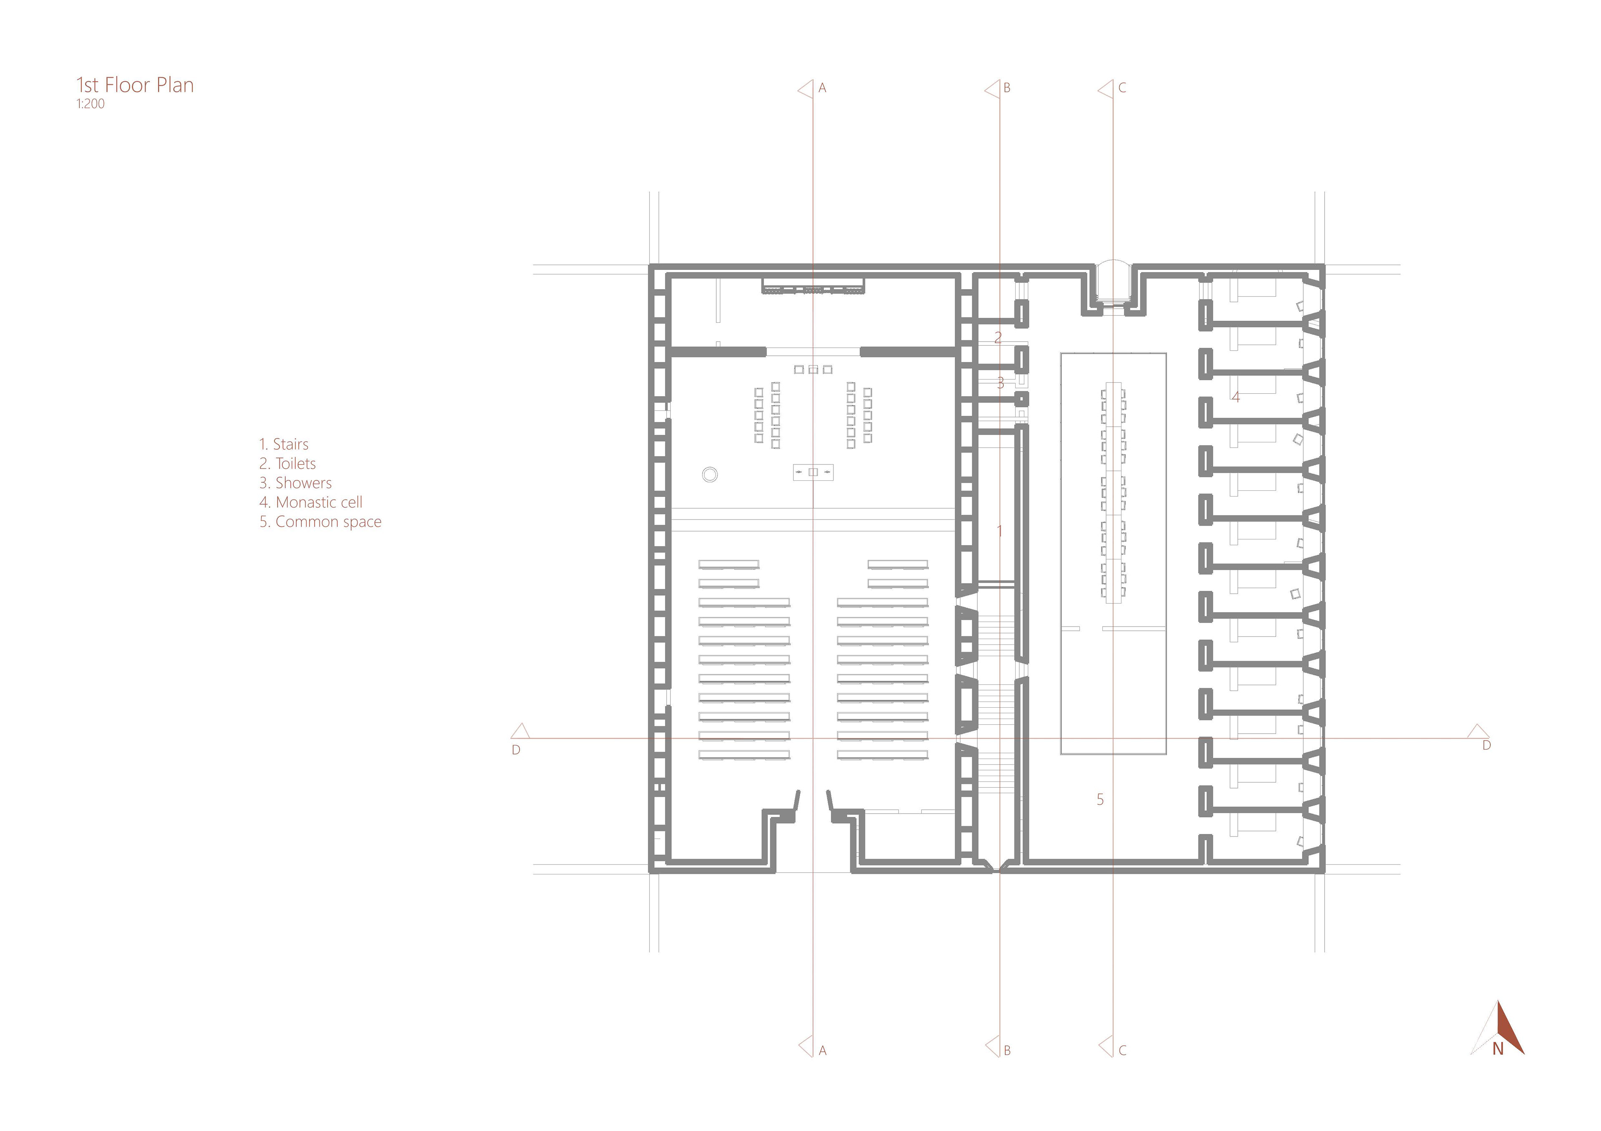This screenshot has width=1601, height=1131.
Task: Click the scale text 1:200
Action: [90, 104]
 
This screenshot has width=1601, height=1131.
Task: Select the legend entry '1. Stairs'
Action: [284, 444]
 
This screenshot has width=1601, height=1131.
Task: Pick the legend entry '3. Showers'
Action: [296, 483]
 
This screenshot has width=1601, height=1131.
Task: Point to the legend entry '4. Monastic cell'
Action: [311, 502]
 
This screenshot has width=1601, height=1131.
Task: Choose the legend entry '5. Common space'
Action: [321, 522]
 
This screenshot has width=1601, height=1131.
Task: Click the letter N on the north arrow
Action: [1498, 1068]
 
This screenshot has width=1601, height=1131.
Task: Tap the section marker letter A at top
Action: [822, 88]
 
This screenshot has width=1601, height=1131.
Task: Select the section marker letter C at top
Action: [1122, 88]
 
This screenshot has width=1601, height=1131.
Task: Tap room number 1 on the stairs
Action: [999, 532]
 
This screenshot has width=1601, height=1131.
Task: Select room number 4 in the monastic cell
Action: [1236, 397]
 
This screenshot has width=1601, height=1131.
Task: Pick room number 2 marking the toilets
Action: [998, 338]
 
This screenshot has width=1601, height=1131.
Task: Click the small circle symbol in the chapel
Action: [710, 474]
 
